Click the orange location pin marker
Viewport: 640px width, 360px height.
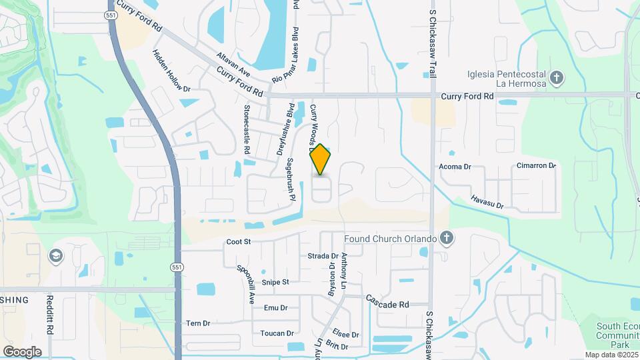point(321,159)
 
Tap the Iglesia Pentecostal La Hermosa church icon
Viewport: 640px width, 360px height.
point(557,78)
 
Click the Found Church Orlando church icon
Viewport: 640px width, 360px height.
point(447,238)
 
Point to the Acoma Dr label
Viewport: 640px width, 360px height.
point(455,167)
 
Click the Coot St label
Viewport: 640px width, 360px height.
point(238,242)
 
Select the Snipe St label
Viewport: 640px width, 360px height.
point(275,282)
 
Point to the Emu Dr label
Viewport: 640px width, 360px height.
point(275,308)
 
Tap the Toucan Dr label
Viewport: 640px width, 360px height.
point(277,333)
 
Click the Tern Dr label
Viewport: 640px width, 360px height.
point(198,323)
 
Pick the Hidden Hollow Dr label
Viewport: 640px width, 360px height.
point(171,71)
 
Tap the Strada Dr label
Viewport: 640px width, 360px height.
point(323,255)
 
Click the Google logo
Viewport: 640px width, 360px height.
point(22,351)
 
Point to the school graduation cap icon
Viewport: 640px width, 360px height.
point(57,257)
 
